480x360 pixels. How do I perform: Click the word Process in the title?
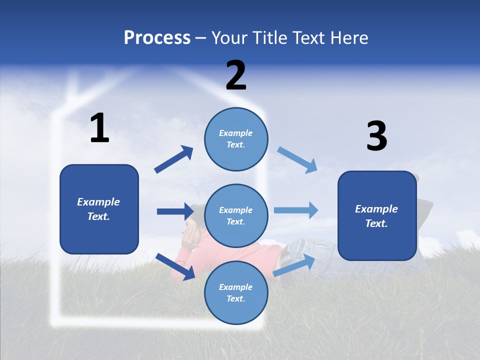pos(157,37)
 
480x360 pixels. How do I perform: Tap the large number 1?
pos(99,128)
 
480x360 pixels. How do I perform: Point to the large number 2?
pos(236,75)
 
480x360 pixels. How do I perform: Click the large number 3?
pos(376,136)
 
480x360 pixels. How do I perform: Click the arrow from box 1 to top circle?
pos(173,159)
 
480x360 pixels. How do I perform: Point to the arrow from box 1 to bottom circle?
pos(175,266)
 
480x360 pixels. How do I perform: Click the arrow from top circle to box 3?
pos(297,159)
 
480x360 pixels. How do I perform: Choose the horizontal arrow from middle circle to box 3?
pos(296,210)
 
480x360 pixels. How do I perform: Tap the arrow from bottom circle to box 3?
pos(294,265)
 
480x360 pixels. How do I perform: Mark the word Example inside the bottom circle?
pos(236,287)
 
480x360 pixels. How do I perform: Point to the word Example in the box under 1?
pos(98,202)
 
